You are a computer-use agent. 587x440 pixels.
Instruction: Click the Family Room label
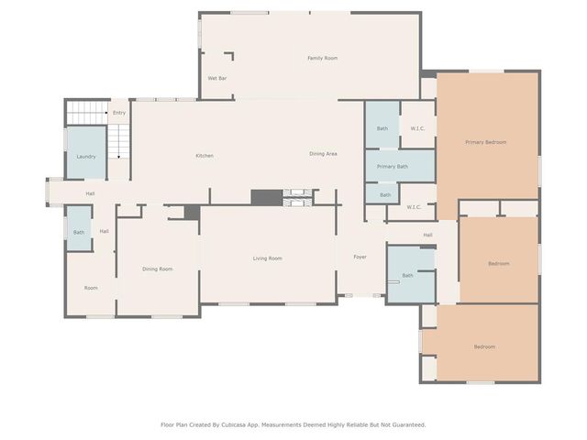322,58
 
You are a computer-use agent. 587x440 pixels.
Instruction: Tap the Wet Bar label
217,79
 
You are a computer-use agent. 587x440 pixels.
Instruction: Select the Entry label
118,113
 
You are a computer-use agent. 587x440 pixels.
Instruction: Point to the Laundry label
86,157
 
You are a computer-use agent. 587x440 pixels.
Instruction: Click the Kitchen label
205,156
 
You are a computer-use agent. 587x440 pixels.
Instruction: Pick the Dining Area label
323,154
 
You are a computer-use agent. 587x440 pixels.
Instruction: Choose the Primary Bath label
392,167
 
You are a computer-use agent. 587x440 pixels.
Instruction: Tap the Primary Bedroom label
485,142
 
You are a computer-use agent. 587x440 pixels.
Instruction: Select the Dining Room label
157,269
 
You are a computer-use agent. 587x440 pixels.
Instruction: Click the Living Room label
267,258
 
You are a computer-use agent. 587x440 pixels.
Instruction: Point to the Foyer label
360,257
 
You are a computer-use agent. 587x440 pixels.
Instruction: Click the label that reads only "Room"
91,288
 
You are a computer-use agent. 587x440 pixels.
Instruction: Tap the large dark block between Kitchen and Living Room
267,197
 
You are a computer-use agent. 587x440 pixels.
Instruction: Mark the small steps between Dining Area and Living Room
299,197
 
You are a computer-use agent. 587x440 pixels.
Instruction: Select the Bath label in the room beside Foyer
407,275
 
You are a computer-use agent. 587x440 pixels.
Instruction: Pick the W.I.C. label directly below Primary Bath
413,207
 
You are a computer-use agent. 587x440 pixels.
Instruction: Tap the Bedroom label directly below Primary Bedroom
498,264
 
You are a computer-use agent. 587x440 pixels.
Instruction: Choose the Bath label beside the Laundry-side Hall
79,232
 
